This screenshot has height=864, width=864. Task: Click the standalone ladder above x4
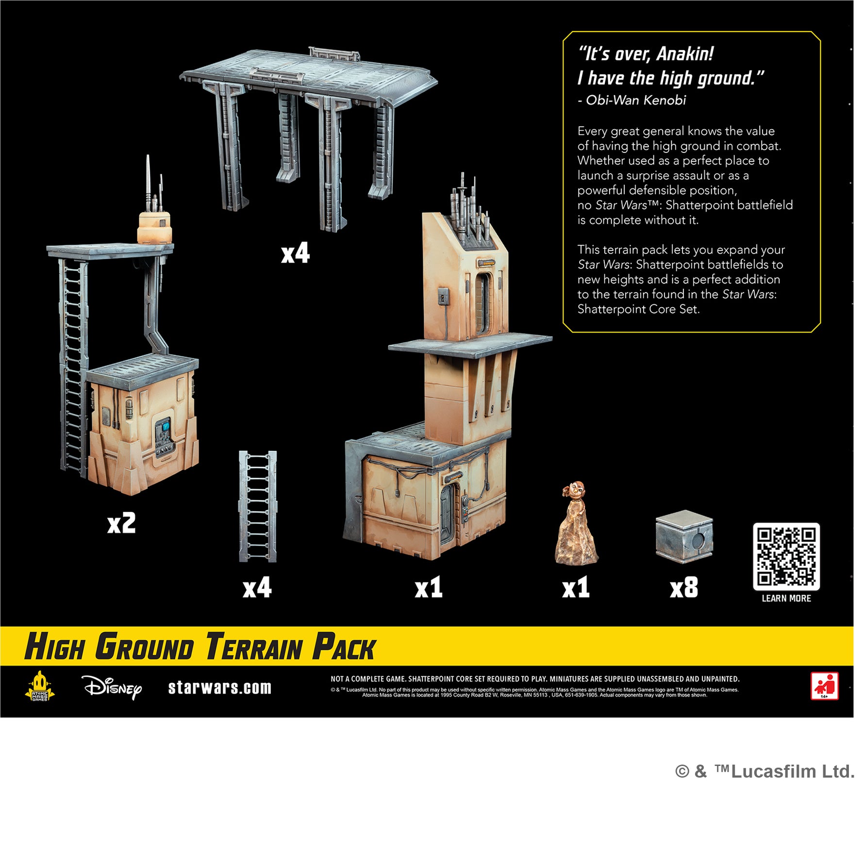pyautogui.click(x=257, y=506)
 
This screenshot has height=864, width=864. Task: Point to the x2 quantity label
pyautogui.click(x=121, y=523)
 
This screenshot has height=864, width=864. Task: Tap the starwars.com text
pyautogui.click(x=219, y=688)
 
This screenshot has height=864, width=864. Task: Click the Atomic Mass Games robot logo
pyautogui.click(x=39, y=686)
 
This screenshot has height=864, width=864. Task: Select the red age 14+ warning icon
pyautogui.click(x=824, y=686)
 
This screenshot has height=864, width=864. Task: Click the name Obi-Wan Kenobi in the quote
pyautogui.click(x=635, y=100)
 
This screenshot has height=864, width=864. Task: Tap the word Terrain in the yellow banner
pyautogui.click(x=253, y=648)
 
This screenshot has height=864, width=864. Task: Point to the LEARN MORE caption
pyautogui.click(x=786, y=598)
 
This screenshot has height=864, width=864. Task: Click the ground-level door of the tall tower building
pyautogui.click(x=447, y=515)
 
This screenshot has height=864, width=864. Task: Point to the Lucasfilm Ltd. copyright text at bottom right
pyautogui.click(x=764, y=771)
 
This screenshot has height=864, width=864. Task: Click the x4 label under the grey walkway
pyautogui.click(x=295, y=253)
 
